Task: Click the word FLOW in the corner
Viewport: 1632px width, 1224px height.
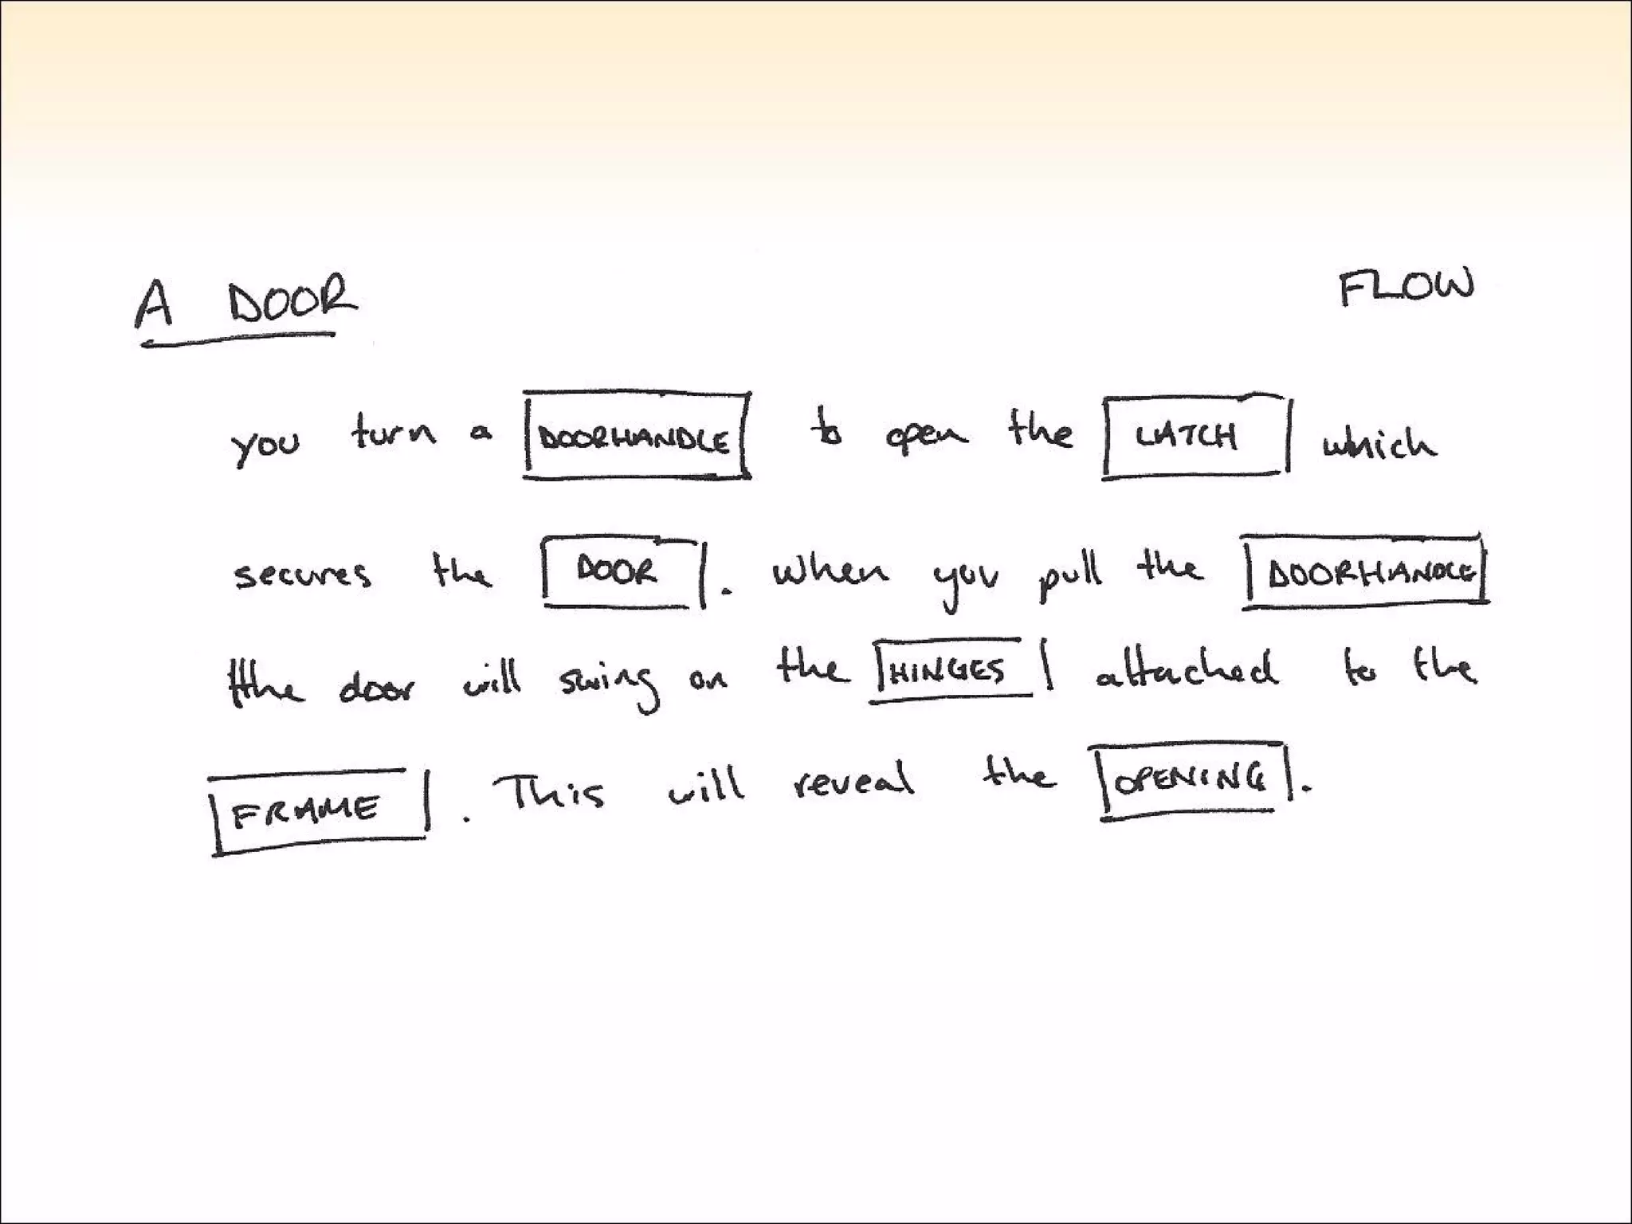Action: (x=1406, y=288)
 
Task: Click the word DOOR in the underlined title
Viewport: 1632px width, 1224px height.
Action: (x=292, y=300)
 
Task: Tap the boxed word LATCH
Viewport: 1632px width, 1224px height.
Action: (x=1187, y=436)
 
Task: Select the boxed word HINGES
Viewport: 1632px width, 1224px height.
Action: (x=947, y=672)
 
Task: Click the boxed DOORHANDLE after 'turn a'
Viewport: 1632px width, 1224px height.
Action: (x=634, y=439)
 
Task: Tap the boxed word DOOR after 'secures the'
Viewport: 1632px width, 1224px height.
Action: (x=617, y=571)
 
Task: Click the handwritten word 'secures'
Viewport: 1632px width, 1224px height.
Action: (x=303, y=575)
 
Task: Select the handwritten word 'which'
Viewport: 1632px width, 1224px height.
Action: (x=1380, y=442)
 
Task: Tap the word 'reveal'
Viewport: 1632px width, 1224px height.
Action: (x=853, y=780)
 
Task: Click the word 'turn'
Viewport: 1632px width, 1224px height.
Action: (x=394, y=433)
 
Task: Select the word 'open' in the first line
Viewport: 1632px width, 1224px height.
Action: (x=926, y=437)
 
